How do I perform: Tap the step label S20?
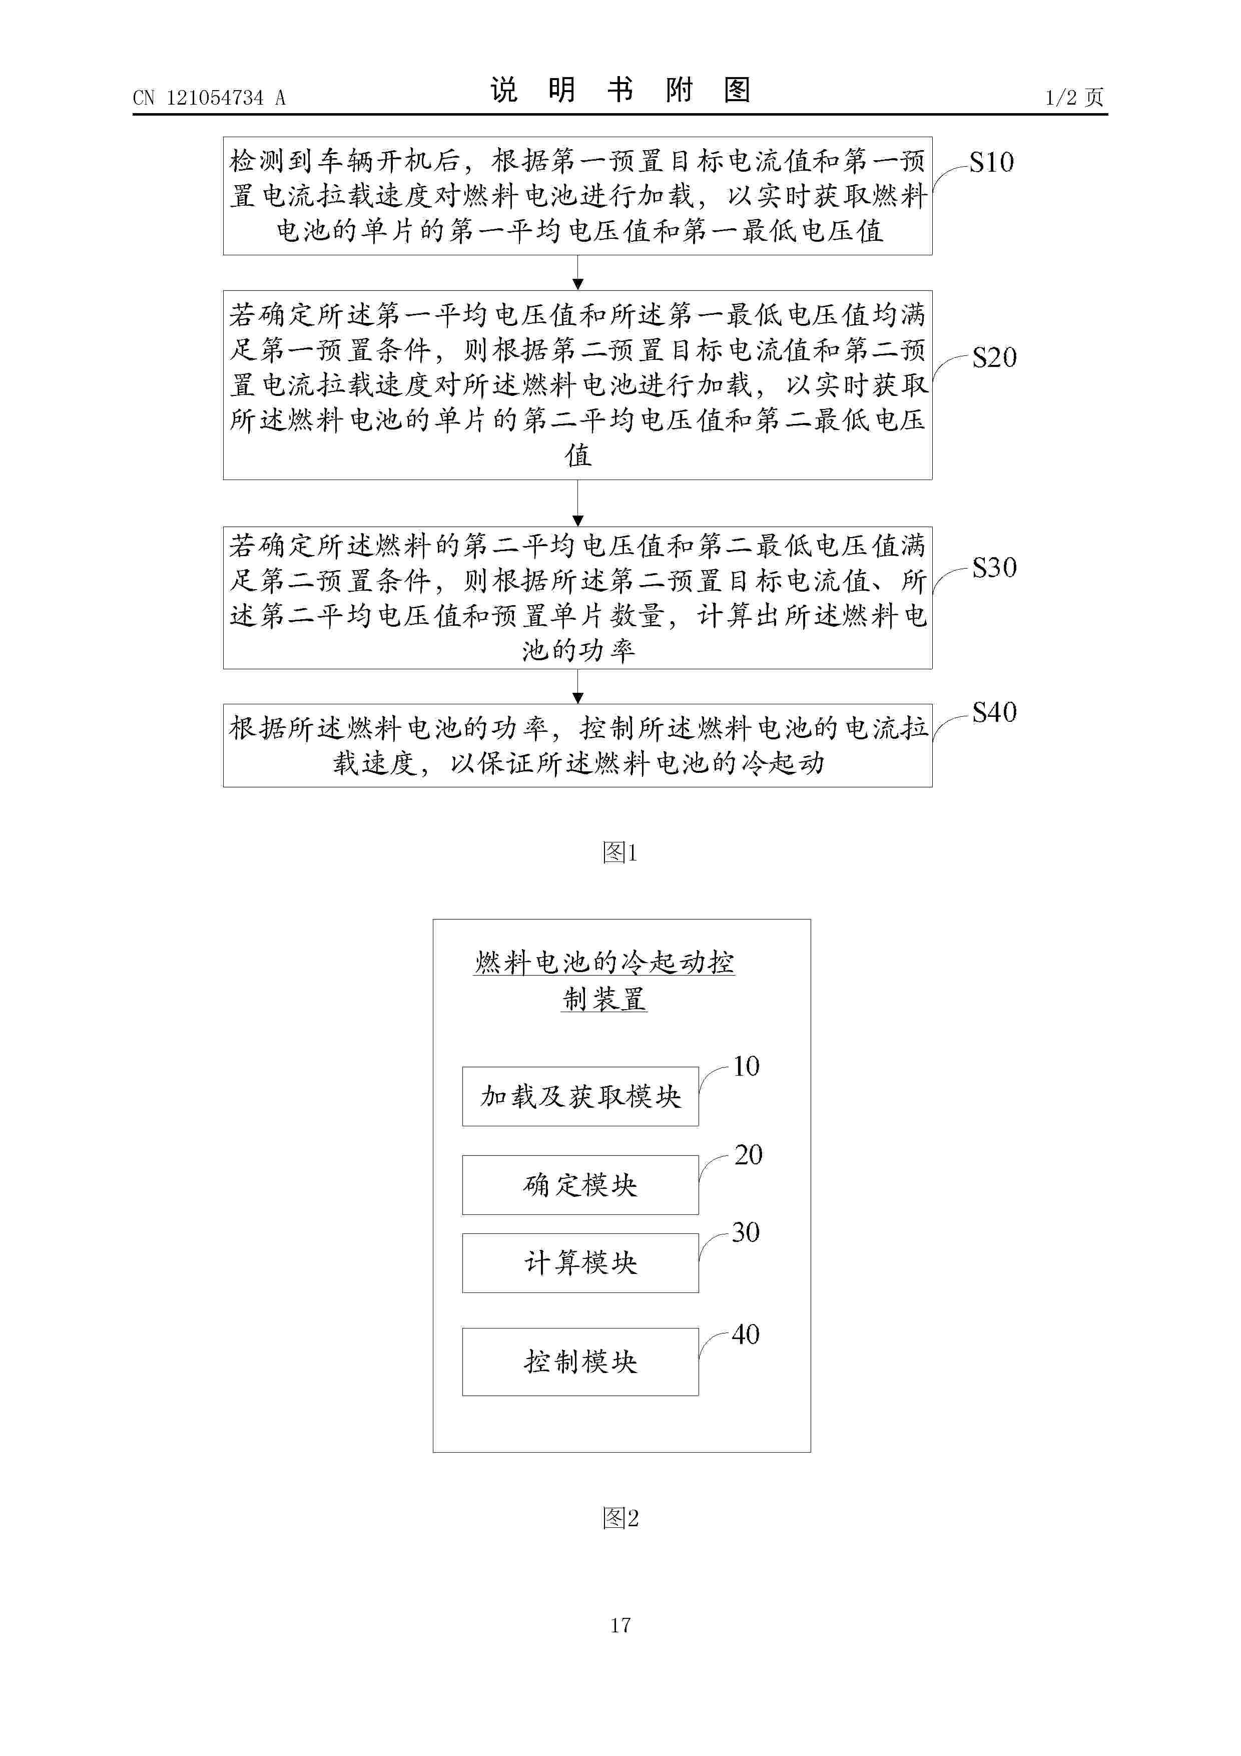pos(994,357)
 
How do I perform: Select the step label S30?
pos(994,568)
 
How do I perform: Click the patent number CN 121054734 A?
pos(209,98)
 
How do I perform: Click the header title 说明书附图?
pos(620,90)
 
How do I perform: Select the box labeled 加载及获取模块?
pos(580,1097)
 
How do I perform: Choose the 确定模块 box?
pos(580,1185)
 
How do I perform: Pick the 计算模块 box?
pos(580,1263)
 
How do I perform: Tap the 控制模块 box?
pos(580,1362)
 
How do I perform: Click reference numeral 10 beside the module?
pos(746,1066)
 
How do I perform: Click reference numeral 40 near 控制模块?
pos(746,1335)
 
